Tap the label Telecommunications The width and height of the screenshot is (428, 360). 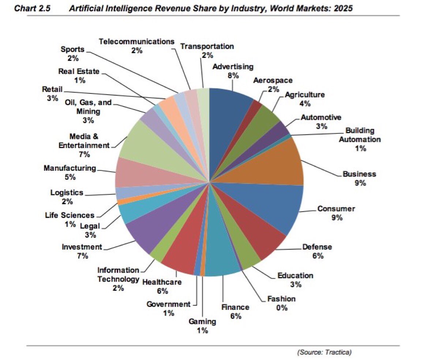(x=137, y=41)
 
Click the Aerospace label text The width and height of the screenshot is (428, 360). (x=273, y=80)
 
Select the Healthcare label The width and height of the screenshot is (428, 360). (x=162, y=282)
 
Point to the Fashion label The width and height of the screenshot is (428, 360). (x=282, y=299)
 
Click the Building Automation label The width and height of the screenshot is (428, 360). (x=360, y=135)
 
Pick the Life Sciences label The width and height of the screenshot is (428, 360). (x=72, y=215)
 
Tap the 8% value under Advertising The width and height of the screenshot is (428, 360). (x=233, y=75)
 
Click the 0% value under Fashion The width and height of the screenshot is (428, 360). (x=282, y=308)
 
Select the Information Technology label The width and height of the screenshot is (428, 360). (x=118, y=275)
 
